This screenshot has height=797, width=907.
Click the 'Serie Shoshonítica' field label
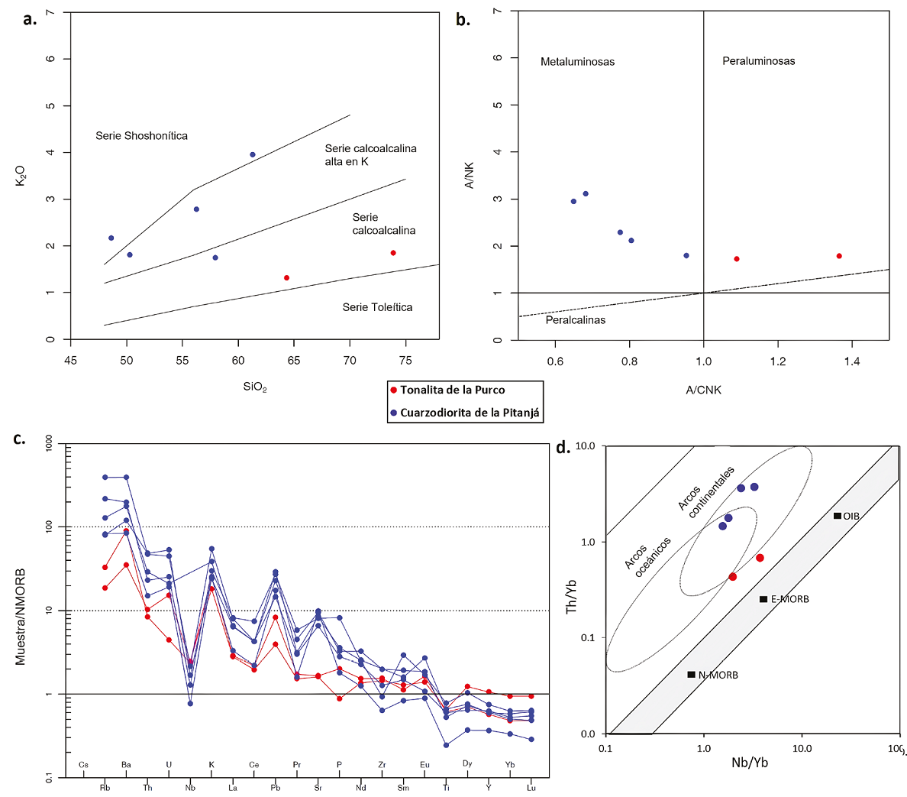(141, 136)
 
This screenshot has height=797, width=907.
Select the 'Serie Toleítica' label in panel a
(377, 307)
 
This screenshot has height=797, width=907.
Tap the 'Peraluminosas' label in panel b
(758, 61)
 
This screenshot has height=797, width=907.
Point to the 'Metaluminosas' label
(577, 62)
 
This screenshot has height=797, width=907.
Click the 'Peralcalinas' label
(575, 320)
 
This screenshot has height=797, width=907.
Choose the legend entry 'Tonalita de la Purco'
(452, 390)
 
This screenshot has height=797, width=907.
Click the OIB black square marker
(838, 517)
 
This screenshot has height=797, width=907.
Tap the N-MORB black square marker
(692, 675)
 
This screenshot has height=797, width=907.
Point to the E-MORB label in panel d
(789, 599)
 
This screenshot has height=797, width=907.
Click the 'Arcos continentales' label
(706, 492)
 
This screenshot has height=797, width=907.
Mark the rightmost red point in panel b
(839, 256)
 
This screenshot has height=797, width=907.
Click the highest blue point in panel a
(253, 154)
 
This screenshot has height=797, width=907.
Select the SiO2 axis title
(255, 387)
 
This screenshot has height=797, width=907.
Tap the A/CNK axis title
(703, 390)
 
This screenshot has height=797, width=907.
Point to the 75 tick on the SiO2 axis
(405, 361)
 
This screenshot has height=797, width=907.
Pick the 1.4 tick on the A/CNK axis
(852, 361)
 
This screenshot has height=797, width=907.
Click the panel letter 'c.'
(20, 439)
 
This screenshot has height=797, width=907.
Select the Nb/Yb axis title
(750, 762)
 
